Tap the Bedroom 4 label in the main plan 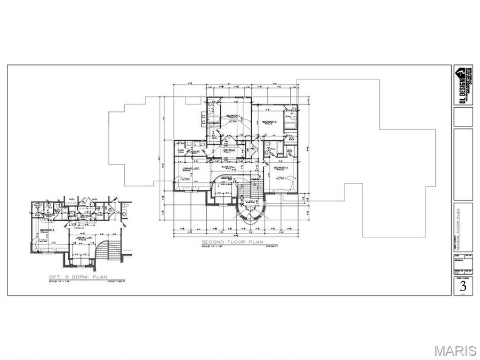tap(281, 167)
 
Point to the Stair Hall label tap(229, 166)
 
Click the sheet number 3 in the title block tap(462, 286)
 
